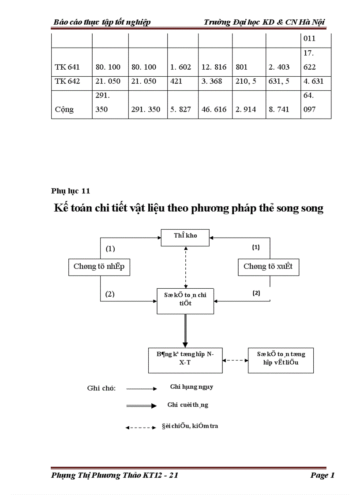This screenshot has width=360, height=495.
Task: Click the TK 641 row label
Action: pos(67,67)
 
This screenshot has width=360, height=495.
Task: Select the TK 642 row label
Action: pos(67,81)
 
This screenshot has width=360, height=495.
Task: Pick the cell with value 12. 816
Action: pos(214,67)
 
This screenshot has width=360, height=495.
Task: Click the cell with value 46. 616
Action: pos(214,109)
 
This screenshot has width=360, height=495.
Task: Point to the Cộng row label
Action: pos(64,109)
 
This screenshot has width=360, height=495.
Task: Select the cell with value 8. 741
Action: pos(279,109)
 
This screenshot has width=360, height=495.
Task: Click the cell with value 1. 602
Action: pos(180,67)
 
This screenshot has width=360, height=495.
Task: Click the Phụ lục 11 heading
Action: pos(71,191)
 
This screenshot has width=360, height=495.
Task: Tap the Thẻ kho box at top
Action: pos(185,236)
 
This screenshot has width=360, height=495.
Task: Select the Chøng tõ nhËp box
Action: pos(99,267)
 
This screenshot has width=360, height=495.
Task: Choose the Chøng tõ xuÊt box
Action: pos(268,267)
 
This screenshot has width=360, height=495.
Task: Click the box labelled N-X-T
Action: pos(185,360)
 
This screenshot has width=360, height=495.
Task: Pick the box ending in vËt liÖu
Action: pos(281,360)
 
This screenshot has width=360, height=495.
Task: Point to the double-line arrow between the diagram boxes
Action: pos(185,331)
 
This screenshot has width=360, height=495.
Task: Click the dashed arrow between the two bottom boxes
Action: pos(235,360)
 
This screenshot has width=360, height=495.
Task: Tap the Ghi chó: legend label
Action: pos(101,388)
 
